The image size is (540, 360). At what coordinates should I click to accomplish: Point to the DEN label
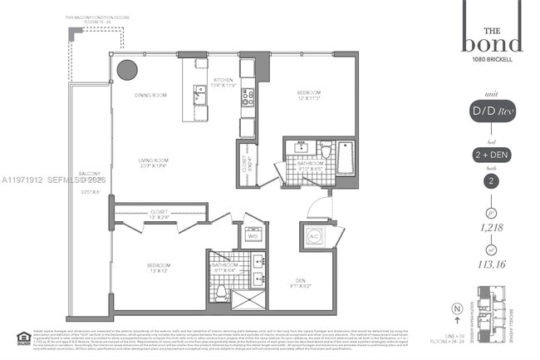[x=300, y=282]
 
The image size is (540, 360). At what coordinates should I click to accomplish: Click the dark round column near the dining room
[x=126, y=70]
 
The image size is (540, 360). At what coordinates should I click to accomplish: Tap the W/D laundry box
[x=253, y=234]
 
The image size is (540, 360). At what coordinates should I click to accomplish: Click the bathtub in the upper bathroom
[x=345, y=159]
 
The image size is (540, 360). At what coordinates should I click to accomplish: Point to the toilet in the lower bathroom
[x=222, y=292]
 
